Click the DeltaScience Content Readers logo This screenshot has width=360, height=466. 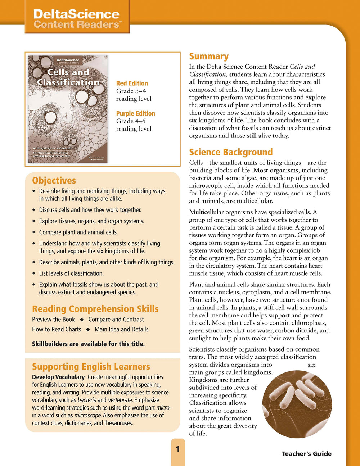pos(77,19)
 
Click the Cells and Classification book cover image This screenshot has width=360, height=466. pos(68,109)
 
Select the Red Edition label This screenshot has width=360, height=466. pos(132,83)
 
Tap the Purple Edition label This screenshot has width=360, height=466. pos(135,113)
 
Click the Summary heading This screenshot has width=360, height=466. pos(209,56)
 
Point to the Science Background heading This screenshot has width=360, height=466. pos(231,152)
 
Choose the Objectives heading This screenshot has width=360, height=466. pos(54,181)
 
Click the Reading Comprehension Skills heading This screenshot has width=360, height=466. pos(95,309)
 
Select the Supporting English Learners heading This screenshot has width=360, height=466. pos(91,367)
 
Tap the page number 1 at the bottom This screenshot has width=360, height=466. pos(177,449)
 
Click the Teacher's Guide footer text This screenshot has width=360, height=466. pos(307,454)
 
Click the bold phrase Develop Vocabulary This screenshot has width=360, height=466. pos(58,377)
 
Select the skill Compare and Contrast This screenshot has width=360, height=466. pos(116,320)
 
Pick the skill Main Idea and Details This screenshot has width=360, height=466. pos(121,329)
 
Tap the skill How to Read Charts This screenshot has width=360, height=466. pos(57,329)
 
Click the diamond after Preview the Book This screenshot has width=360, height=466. pos(82,320)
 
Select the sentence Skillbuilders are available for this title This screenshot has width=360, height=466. pos(88,344)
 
